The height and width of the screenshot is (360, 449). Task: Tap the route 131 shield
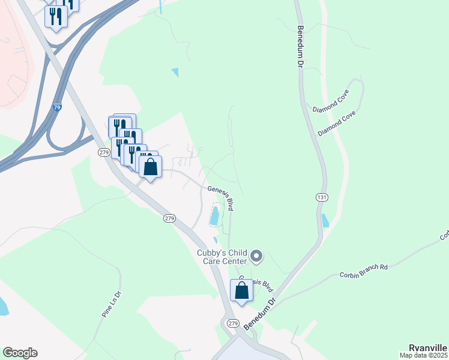coord(321,197)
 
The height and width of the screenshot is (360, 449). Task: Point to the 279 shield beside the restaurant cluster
coord(104,152)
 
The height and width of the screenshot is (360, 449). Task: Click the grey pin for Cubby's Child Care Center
coord(256,257)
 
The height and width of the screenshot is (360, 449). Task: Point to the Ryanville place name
coord(427,348)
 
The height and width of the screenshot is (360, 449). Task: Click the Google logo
coord(20,353)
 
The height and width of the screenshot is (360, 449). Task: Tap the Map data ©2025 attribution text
coord(424,356)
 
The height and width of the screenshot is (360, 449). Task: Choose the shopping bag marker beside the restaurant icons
coord(151,167)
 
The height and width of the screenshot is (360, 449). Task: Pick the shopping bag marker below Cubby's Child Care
coord(241,292)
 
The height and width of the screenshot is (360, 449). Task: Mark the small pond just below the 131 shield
coord(325,220)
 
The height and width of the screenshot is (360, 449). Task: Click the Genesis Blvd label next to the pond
coord(221,197)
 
